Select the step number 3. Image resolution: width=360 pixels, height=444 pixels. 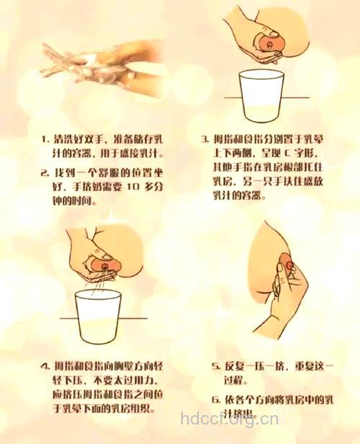[204, 138]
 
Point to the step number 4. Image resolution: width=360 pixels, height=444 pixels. [47, 368]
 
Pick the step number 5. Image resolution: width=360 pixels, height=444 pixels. [215, 367]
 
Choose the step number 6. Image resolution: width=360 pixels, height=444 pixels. [215, 399]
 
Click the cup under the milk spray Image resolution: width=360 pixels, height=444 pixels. [101, 317]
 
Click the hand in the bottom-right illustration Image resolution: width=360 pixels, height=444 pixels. [288, 296]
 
